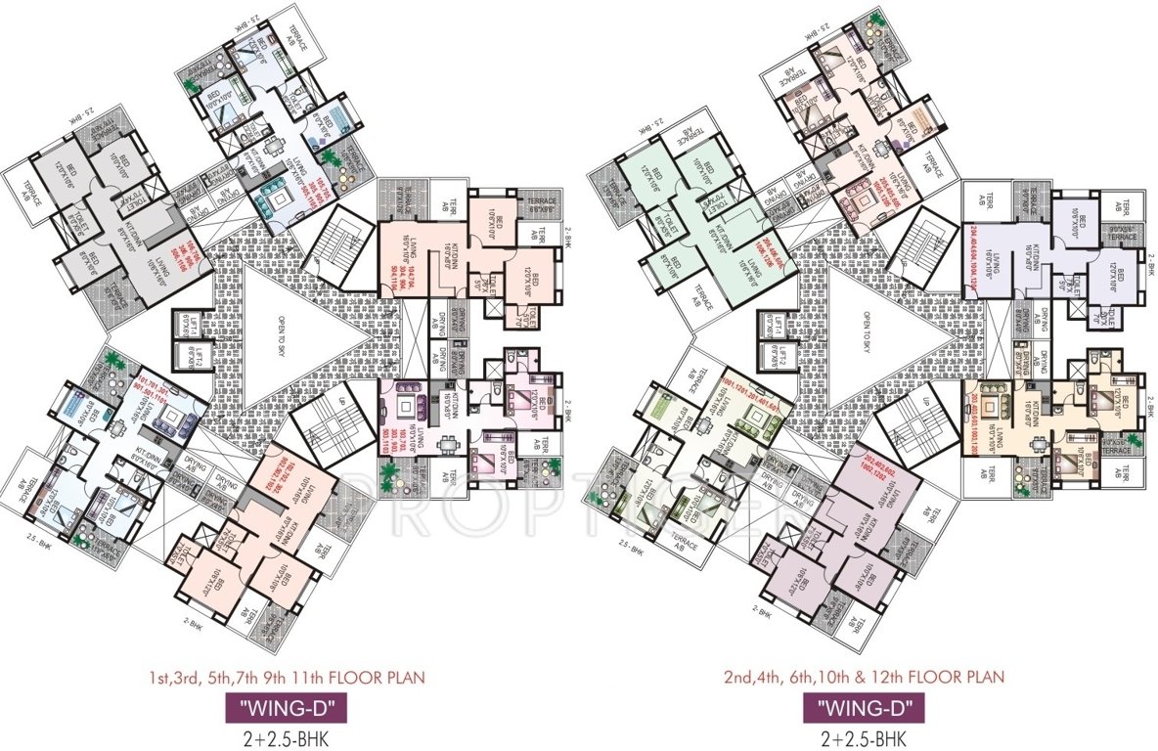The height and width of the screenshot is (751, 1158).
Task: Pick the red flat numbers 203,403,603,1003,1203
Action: click(x=978, y=410)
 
